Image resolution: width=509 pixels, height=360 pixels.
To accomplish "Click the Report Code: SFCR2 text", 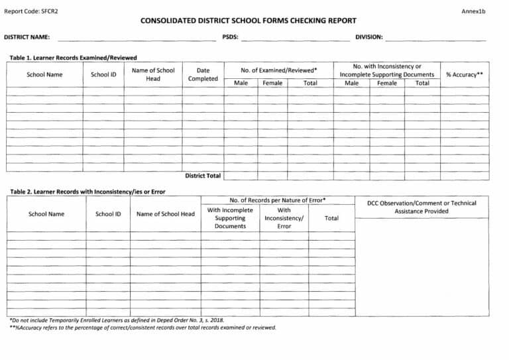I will point(31,12).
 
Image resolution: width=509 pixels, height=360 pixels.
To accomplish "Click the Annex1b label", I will point(474,12).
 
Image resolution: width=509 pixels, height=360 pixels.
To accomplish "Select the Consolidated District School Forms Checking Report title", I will point(249,21).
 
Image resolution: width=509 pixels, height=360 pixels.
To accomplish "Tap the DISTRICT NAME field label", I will point(27,37).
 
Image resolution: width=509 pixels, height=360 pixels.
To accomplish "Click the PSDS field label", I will point(230,37).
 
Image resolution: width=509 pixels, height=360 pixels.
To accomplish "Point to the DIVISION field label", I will point(368,37).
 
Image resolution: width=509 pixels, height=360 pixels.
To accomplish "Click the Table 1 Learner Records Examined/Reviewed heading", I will point(73,58).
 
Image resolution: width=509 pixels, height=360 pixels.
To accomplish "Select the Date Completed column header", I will point(203,74).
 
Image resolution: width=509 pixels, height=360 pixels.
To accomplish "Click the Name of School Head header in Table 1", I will point(153,74).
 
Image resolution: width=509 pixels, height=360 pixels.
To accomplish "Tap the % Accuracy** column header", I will point(464,75).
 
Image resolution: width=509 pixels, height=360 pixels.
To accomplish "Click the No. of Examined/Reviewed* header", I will point(278,70).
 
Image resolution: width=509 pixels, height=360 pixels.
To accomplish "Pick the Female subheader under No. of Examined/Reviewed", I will point(272,84).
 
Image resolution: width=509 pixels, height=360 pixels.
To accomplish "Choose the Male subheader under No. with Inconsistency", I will point(351,84).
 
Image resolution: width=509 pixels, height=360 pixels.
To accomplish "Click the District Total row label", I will point(203,176).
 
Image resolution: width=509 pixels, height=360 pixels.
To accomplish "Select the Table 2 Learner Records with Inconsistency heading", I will point(87,192).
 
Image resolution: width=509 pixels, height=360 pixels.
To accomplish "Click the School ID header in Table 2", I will point(108,214).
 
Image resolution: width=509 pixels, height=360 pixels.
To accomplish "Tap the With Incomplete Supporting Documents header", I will point(230,218).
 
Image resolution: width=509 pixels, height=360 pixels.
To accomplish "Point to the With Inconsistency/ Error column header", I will point(284,218).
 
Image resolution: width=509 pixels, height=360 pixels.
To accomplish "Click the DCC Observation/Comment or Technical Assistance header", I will point(422,207).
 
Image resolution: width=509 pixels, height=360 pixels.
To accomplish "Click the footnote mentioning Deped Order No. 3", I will point(117,320).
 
